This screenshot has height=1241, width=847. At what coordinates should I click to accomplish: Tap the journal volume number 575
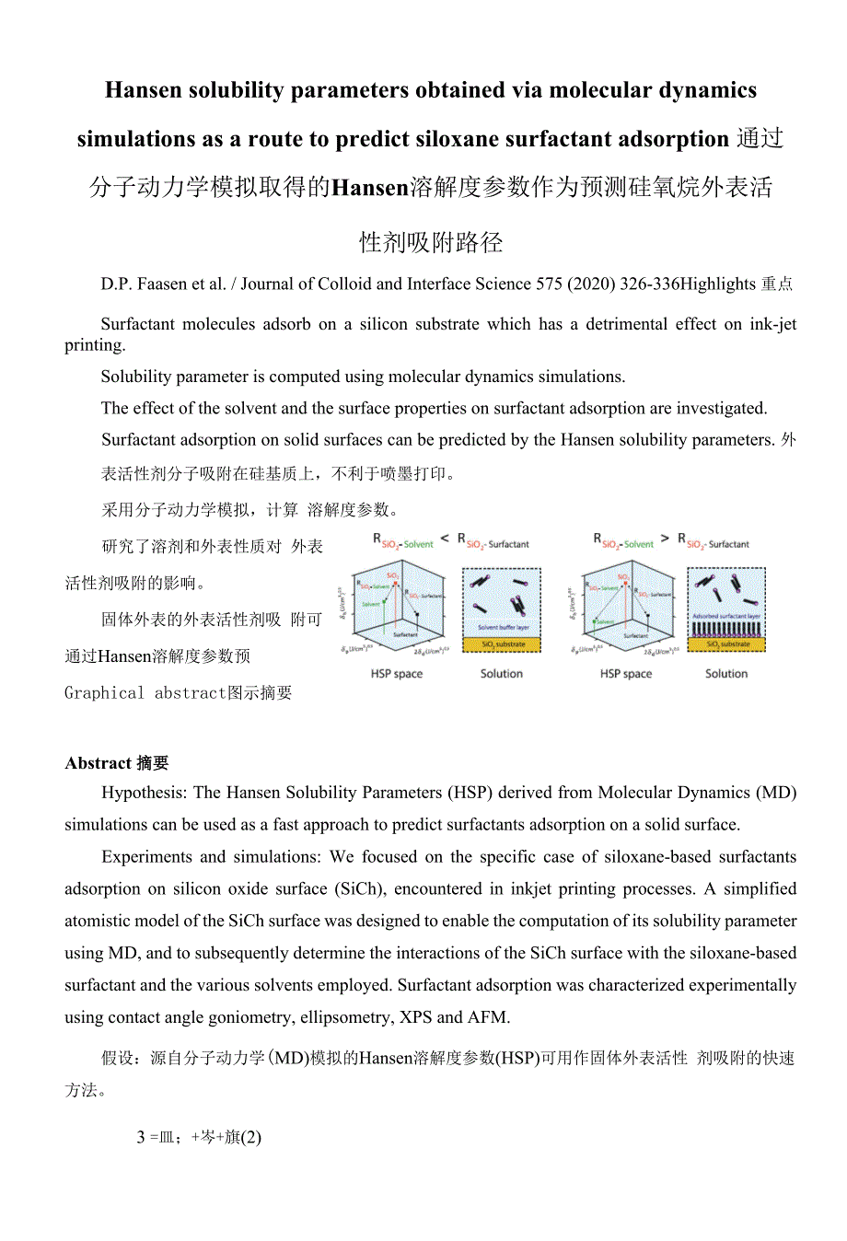tap(549, 284)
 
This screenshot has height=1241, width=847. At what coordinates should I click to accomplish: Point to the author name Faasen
tap(162, 284)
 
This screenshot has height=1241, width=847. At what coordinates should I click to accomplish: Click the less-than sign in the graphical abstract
tap(446, 539)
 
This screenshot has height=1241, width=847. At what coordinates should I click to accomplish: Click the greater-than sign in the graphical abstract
tap(665, 539)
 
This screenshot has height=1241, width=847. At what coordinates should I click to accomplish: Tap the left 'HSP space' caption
tap(397, 674)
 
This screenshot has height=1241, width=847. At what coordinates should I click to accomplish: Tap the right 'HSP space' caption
tap(626, 674)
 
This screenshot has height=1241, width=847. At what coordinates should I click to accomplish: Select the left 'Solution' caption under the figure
tap(502, 674)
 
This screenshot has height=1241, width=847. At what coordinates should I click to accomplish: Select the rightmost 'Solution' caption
tap(726, 674)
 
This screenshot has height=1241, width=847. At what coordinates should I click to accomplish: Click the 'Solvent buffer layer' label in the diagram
tap(503, 627)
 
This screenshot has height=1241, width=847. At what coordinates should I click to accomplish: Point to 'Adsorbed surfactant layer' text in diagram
tap(726, 616)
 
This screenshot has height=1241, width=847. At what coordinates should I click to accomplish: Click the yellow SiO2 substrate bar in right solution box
tap(727, 644)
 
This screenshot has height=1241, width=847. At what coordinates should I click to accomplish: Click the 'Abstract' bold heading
tap(99, 763)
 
